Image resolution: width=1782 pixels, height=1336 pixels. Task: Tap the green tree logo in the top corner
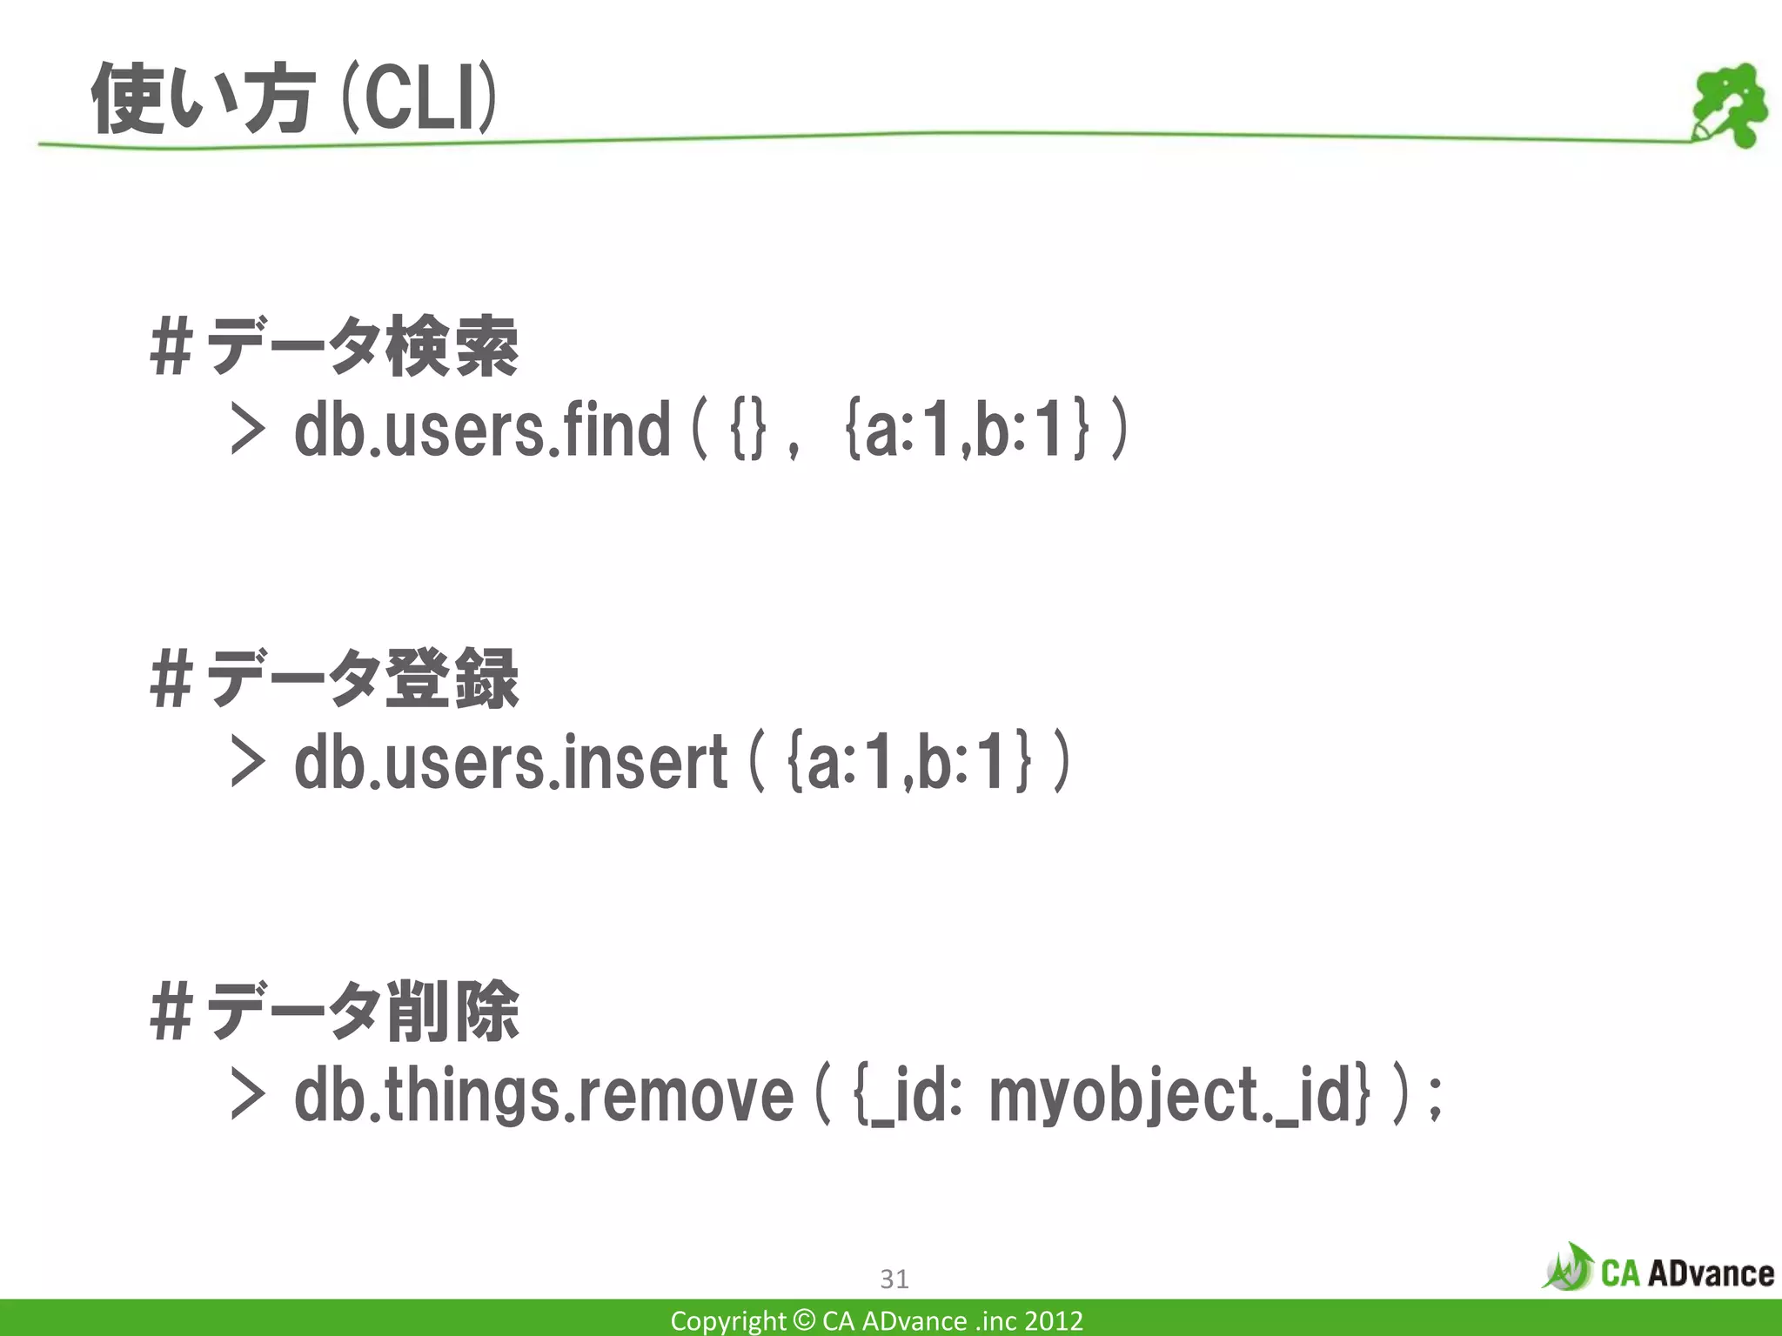point(1728,104)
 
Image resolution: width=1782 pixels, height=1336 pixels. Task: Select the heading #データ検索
point(334,346)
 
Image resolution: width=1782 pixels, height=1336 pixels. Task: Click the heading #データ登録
point(334,678)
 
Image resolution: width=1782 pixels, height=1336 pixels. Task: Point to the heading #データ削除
point(334,1011)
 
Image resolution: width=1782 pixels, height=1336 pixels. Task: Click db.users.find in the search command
point(482,430)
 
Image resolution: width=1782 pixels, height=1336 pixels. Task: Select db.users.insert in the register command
point(511,762)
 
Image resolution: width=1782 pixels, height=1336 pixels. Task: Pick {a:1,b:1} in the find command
point(967,430)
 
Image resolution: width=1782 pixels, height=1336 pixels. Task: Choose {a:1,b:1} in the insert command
point(909,762)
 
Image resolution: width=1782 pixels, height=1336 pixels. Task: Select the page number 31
point(894,1279)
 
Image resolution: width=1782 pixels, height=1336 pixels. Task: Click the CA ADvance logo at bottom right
point(1658,1272)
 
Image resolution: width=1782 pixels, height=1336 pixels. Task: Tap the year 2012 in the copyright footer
point(1053,1320)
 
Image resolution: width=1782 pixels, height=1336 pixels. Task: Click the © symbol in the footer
point(805,1320)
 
